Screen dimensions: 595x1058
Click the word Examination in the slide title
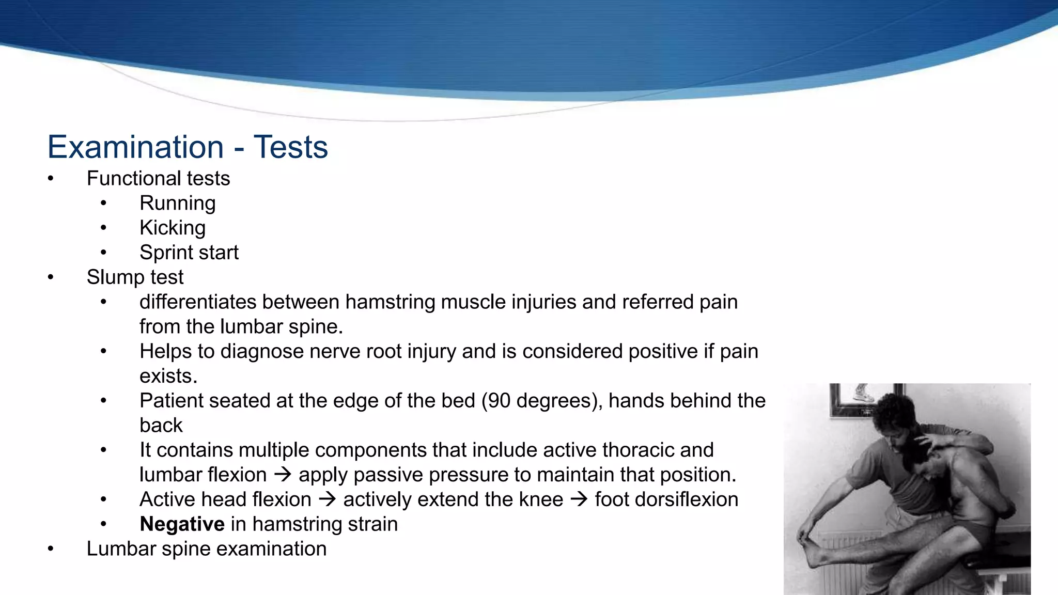(x=135, y=147)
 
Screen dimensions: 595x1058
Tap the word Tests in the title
(x=290, y=147)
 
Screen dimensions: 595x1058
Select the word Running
(x=177, y=203)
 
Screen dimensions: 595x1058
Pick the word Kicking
(x=173, y=228)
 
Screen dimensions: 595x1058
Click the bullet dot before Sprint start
(x=103, y=253)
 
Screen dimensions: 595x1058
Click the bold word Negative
(x=182, y=524)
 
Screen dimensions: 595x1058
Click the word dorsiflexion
(x=666, y=499)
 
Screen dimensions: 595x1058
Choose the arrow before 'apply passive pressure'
(x=283, y=475)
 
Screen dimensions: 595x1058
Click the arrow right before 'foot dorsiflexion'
(x=579, y=499)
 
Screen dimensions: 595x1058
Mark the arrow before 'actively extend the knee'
(x=327, y=499)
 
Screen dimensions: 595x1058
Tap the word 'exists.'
(x=168, y=376)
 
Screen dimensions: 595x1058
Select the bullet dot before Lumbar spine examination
(x=51, y=549)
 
